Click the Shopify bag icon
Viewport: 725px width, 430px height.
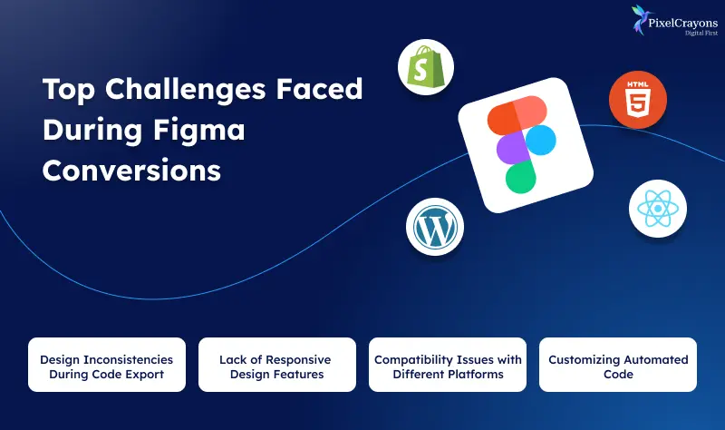(x=426, y=68)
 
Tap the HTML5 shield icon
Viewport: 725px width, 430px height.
(x=638, y=101)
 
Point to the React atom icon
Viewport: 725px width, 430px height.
(x=657, y=210)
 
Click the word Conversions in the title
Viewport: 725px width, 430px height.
(x=131, y=170)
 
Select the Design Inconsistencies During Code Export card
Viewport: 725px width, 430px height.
(x=107, y=366)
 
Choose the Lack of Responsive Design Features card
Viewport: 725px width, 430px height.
(x=275, y=366)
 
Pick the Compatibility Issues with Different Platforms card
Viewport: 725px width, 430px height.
(x=448, y=366)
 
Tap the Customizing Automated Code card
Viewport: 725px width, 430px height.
(x=618, y=366)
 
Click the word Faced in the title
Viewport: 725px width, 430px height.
(x=313, y=91)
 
